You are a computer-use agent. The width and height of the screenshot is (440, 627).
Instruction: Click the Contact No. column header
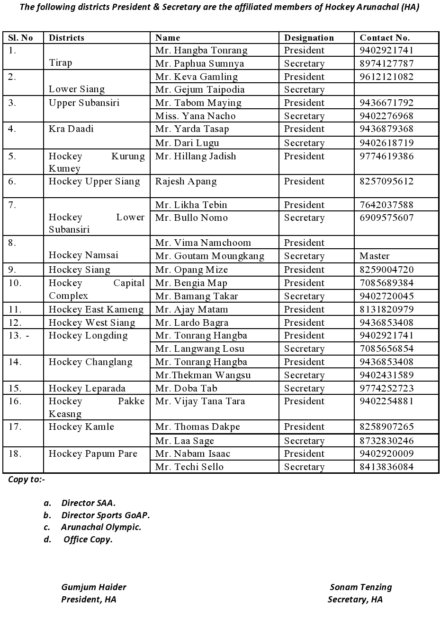pyautogui.click(x=385, y=38)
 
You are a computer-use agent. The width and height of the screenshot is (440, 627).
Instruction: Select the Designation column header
pyautogui.click(x=309, y=38)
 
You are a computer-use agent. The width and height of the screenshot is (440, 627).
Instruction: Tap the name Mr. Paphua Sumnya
pyautogui.click(x=199, y=63)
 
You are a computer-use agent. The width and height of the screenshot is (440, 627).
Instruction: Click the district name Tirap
pyautogui.click(x=60, y=62)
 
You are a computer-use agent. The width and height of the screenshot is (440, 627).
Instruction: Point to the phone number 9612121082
pyautogui.click(x=386, y=77)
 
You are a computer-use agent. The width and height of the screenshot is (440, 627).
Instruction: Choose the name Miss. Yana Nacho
pyautogui.click(x=195, y=116)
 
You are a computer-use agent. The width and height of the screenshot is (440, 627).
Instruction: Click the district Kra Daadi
pyautogui.click(x=71, y=129)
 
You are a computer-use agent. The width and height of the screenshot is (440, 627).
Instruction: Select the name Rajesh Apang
pyautogui.click(x=186, y=181)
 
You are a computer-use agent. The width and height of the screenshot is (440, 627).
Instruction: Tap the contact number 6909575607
pyautogui.click(x=386, y=218)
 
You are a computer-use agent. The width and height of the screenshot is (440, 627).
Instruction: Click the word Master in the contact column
pyautogui.click(x=374, y=256)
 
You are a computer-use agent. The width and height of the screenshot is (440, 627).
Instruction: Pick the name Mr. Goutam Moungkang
pyautogui.click(x=209, y=256)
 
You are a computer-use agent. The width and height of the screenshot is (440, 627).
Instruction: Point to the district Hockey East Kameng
pyautogui.click(x=96, y=309)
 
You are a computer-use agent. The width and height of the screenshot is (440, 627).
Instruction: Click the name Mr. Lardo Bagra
pyautogui.click(x=191, y=322)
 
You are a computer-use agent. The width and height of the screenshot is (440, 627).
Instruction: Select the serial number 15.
pyautogui.click(x=15, y=388)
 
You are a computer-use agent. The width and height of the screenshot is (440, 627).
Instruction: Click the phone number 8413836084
pyautogui.click(x=386, y=467)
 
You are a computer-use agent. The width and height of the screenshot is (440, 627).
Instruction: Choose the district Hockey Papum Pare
pyautogui.click(x=93, y=453)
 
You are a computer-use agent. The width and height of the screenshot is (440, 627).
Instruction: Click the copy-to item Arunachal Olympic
pyautogui.click(x=101, y=527)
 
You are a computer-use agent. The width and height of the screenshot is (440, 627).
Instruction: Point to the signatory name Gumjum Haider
pyautogui.click(x=93, y=587)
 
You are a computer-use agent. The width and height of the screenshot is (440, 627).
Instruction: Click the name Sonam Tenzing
pyautogui.click(x=360, y=587)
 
